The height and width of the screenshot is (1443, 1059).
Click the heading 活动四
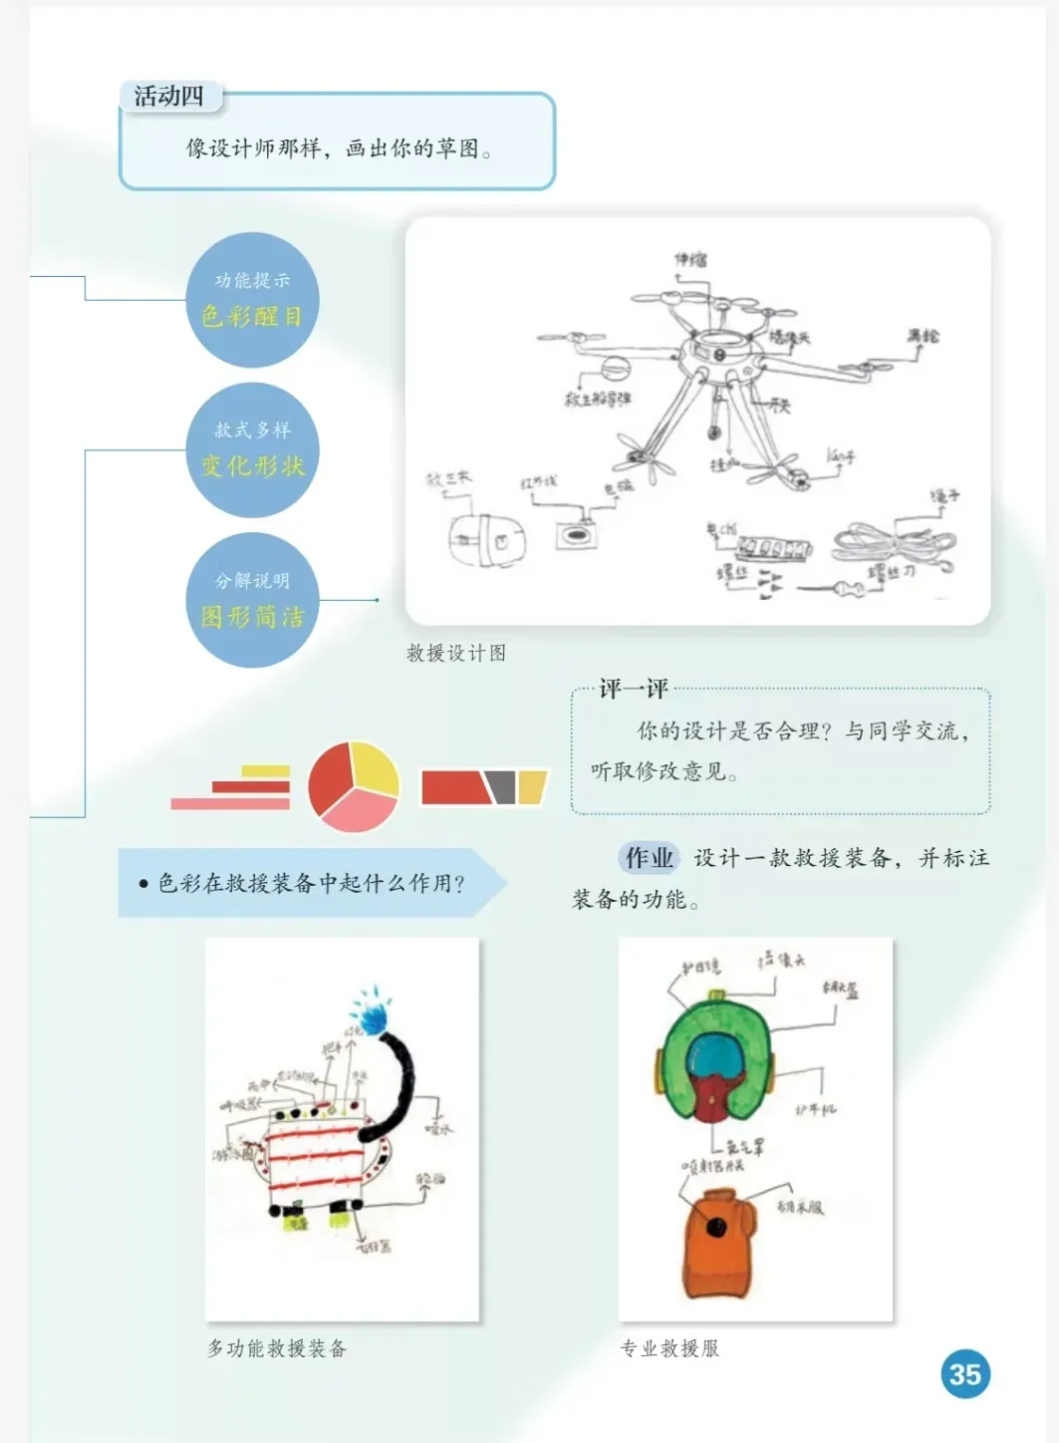168,97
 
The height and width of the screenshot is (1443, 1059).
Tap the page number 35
964,1374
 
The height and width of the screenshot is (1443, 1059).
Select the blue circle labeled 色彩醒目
252,300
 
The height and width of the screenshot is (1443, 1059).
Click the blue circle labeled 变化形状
252,450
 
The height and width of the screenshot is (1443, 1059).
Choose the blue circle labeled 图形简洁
252,601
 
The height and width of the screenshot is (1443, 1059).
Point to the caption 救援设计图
456,653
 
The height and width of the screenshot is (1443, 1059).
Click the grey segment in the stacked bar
502,785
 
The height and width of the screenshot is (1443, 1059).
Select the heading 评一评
633,689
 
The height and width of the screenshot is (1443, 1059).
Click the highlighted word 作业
649,858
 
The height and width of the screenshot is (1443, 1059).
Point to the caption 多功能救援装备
277,1348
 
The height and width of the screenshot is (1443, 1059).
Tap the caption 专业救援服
669,1348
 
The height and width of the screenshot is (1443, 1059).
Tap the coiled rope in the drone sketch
892,543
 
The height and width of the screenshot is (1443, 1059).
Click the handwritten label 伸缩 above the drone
690,259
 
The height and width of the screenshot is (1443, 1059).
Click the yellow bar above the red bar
265,770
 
